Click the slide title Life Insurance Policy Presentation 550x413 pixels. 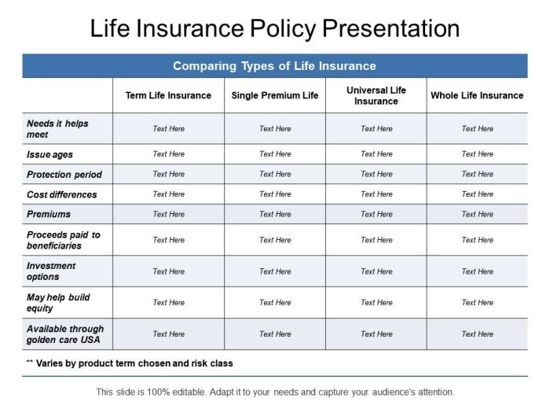274,28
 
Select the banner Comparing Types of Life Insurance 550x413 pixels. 274,66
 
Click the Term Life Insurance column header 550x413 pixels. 168,95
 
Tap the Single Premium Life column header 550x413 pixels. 275,95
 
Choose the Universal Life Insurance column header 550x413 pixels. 376,95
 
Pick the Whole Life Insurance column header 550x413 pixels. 477,95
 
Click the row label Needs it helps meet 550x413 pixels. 57,129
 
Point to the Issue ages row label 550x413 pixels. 49,155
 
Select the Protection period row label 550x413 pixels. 64,175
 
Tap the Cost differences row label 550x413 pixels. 62,194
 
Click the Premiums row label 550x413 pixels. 49,214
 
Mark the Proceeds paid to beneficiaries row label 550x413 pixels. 64,240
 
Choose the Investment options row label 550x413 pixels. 51,271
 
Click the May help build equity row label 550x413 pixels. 58,303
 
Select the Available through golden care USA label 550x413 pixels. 65,334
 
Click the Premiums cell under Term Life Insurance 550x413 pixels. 168,214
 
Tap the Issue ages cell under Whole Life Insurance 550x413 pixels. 477,154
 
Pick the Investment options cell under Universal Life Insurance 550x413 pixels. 376,271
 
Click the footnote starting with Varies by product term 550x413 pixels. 130,363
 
